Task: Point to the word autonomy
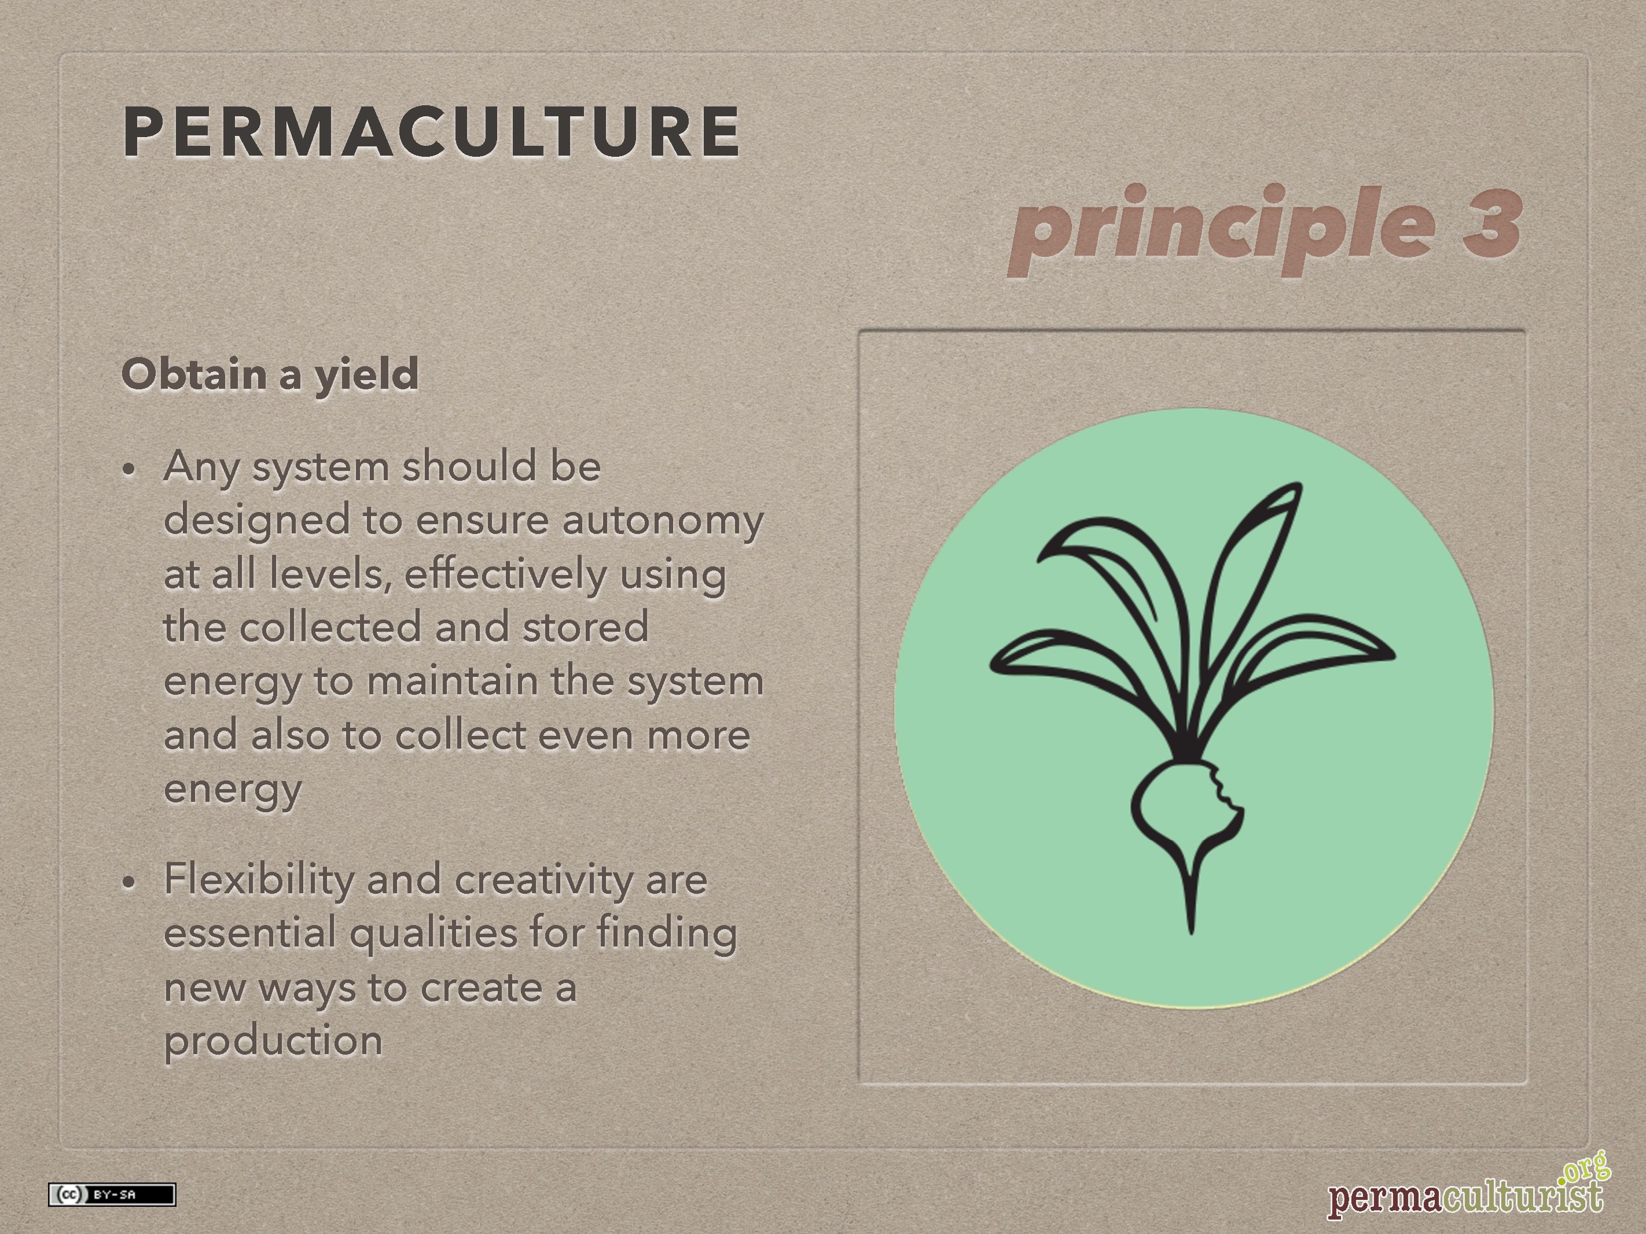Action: pos(662,521)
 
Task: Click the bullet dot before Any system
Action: pos(130,470)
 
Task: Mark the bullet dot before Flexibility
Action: pos(130,883)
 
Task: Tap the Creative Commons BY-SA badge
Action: pos(112,1195)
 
